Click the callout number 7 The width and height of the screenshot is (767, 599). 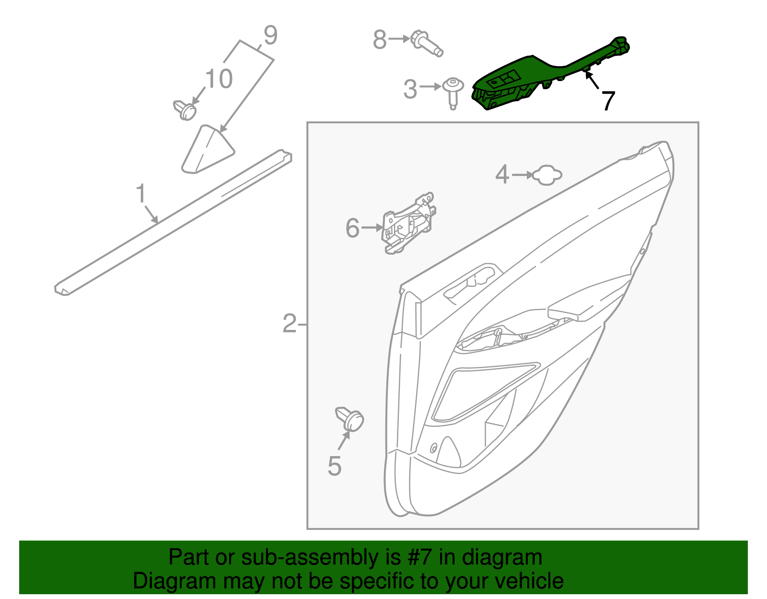(x=608, y=101)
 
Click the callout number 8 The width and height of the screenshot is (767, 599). (x=380, y=40)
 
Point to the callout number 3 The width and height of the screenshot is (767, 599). (x=410, y=89)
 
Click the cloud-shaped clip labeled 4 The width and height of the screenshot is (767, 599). (x=547, y=176)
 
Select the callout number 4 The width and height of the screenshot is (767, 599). (x=502, y=175)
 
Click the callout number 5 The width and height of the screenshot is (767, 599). (x=335, y=466)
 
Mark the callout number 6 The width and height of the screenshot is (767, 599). (x=352, y=228)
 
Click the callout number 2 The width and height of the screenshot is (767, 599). (x=290, y=324)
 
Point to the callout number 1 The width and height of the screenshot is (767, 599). (x=140, y=194)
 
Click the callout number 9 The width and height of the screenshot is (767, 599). (x=270, y=36)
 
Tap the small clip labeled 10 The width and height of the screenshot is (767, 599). (x=185, y=110)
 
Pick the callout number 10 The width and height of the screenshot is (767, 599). (x=219, y=79)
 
